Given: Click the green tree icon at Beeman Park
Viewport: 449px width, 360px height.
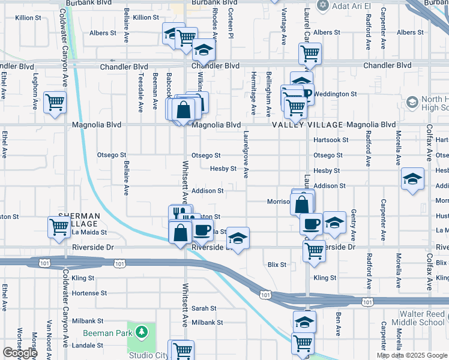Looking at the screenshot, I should point(141,331).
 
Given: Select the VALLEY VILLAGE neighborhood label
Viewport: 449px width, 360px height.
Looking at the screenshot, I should point(306,125).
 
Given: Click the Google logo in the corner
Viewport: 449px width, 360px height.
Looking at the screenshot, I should point(20,353).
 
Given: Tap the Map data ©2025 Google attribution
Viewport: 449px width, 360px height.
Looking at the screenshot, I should point(412,355).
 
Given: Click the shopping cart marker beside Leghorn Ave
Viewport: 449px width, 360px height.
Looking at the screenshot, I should point(55,103).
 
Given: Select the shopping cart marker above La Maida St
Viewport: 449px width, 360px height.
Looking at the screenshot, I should point(59,227).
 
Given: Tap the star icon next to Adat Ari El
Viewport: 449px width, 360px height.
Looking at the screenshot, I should point(322,5).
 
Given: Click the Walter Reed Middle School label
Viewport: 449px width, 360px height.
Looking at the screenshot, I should point(423,318).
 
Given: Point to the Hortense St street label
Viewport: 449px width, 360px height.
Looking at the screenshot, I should point(89,293).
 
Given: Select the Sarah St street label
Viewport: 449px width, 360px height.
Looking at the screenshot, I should point(203,308).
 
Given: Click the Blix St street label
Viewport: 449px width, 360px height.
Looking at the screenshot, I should point(277,264).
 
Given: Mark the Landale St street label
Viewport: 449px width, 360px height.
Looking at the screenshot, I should point(87,346).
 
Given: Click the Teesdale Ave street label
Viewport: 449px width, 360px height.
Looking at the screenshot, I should point(141,94).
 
